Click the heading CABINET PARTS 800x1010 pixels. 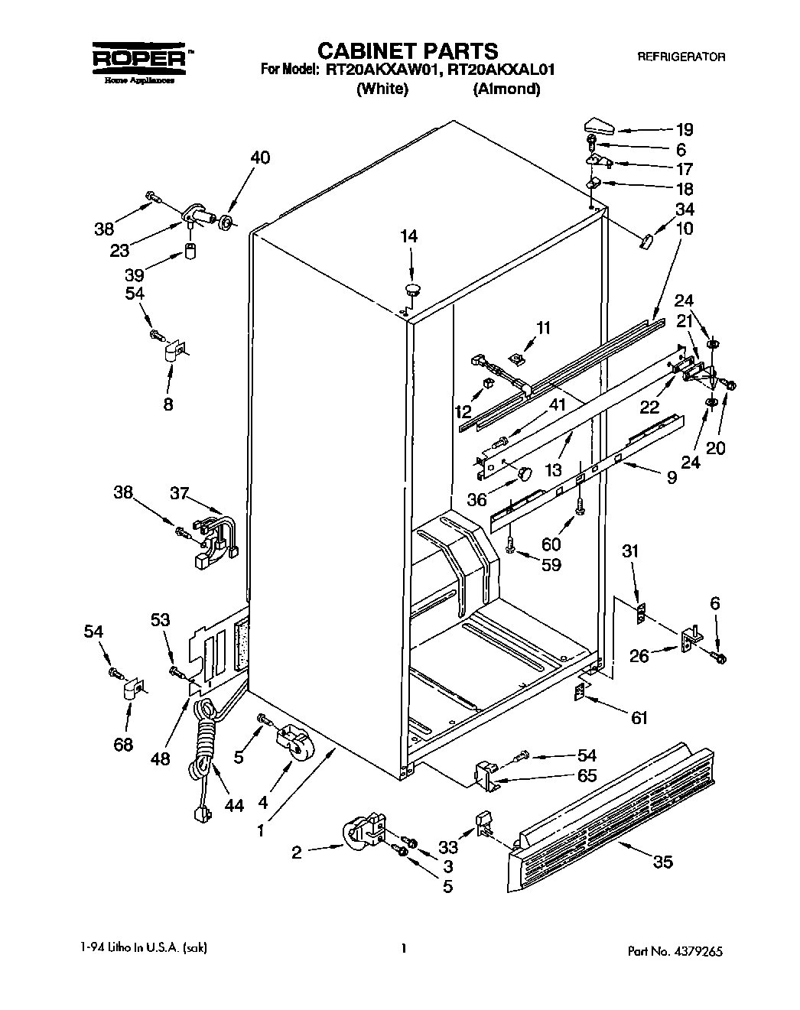[407, 51]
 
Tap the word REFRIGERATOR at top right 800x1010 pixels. [681, 57]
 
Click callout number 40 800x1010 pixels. [260, 158]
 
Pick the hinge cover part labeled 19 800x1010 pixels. [599, 125]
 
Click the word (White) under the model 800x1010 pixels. [382, 89]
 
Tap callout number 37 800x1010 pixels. [179, 494]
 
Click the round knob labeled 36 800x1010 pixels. [523, 474]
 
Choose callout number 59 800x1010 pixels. [550, 565]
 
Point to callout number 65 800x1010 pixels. [586, 775]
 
